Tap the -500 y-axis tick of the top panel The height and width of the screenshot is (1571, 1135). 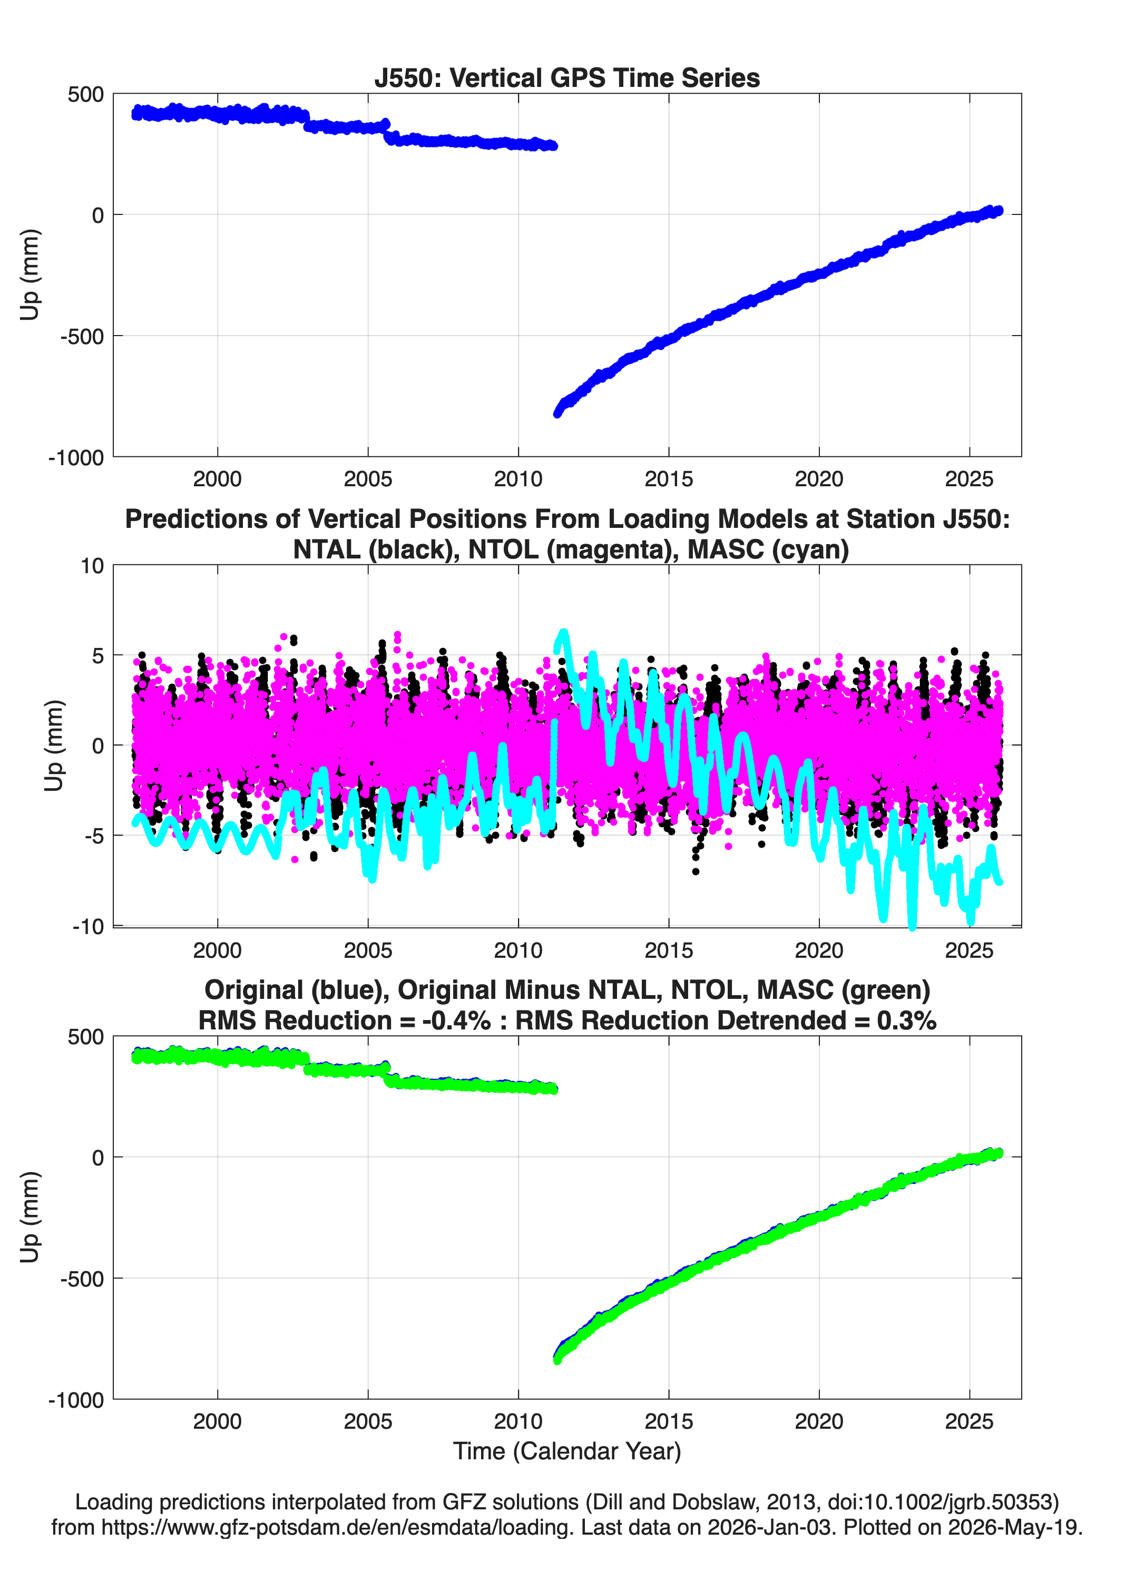click(x=82, y=337)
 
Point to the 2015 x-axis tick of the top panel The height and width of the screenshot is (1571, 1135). click(x=669, y=479)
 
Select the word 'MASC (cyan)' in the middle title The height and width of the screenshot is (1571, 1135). click(x=768, y=549)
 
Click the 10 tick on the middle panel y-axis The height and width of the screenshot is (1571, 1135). click(x=92, y=566)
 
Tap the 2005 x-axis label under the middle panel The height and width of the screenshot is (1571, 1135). click(x=368, y=950)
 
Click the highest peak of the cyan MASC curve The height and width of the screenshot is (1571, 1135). click(x=563, y=632)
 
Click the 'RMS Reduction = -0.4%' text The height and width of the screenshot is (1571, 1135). click(x=345, y=1020)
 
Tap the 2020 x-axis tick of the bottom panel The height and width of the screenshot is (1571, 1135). click(x=819, y=1421)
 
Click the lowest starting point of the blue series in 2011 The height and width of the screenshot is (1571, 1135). click(x=557, y=414)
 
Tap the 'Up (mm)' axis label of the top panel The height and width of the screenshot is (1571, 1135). click(x=29, y=274)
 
